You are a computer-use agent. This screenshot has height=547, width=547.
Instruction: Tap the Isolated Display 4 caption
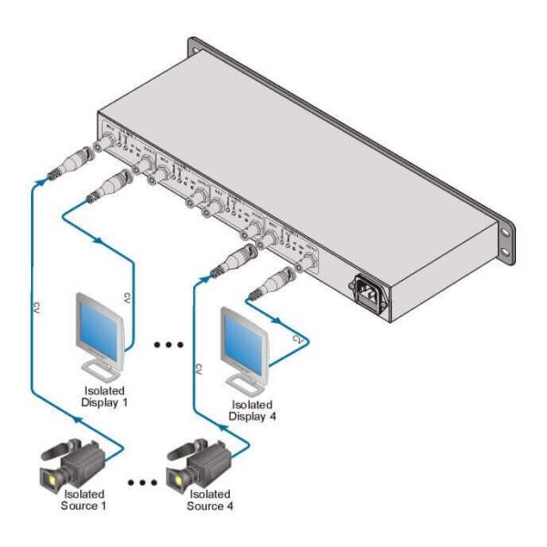tap(252, 412)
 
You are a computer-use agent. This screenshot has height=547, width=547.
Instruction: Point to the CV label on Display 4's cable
tap(296, 338)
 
